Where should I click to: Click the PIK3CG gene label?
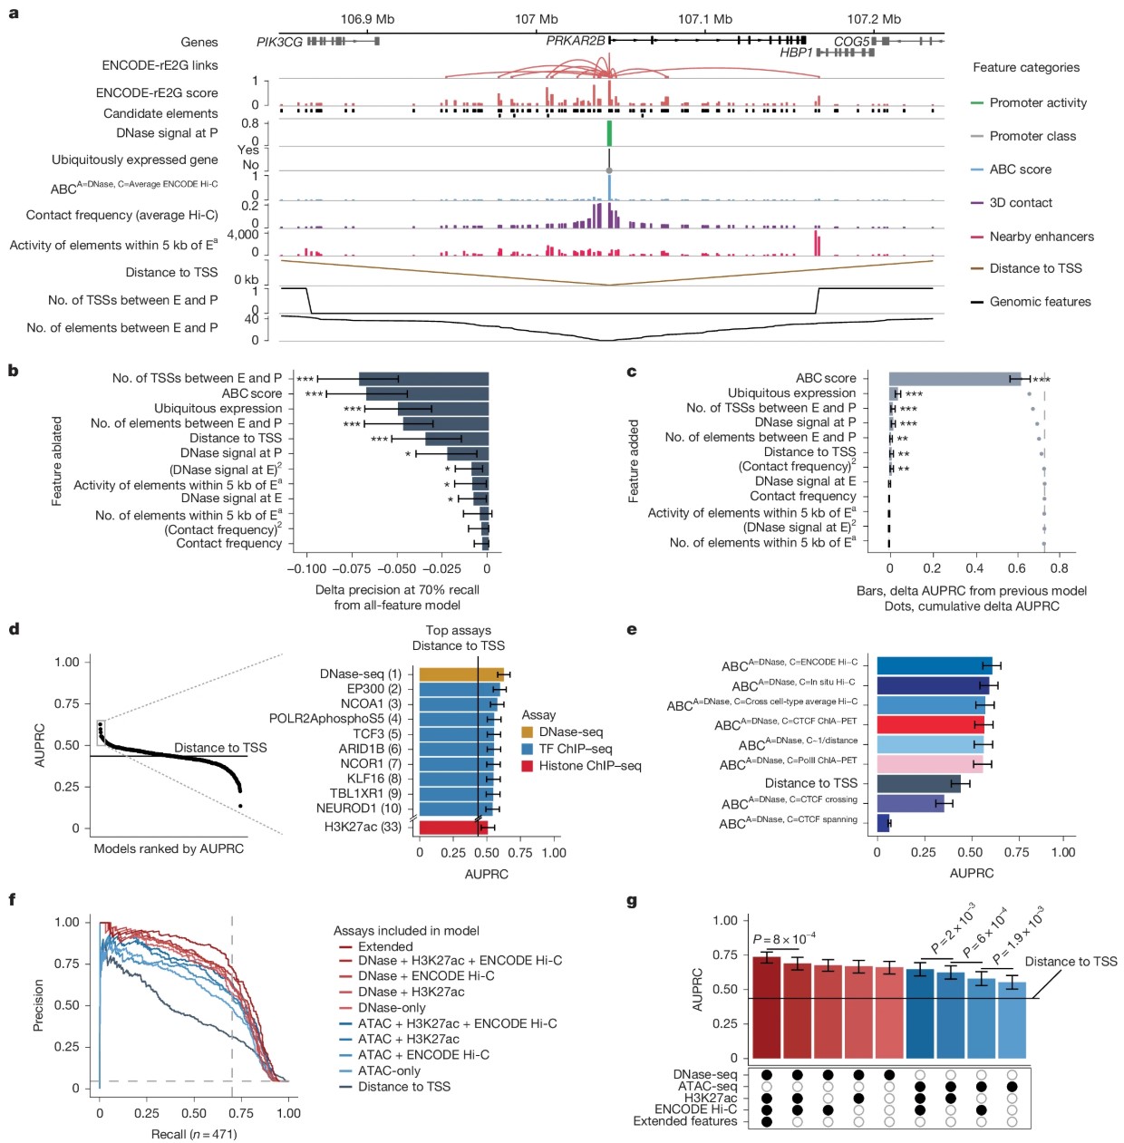coord(279,42)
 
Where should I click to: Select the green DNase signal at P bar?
coord(609,133)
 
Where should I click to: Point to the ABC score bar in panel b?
coord(427,394)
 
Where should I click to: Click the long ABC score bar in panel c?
coord(954,379)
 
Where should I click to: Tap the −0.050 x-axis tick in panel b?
coord(397,568)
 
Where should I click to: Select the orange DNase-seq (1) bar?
coord(461,674)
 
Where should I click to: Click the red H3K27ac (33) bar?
coord(453,828)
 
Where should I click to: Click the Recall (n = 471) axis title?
coord(194,1134)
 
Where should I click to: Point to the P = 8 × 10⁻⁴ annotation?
coord(783,938)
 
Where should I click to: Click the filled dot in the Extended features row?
coord(767,1121)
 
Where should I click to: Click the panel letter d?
coord(15,629)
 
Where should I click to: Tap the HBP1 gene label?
coord(796,53)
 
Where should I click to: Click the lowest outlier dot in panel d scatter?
coord(240,806)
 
